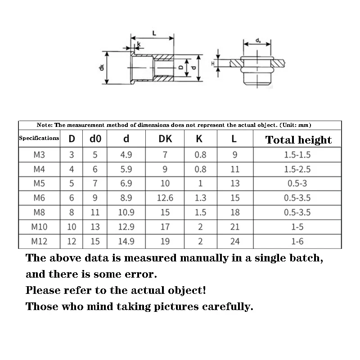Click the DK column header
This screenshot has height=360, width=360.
[x=165, y=139]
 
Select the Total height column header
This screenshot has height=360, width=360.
[x=298, y=139]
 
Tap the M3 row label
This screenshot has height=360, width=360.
[x=39, y=155]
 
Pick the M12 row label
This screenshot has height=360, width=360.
[x=39, y=241]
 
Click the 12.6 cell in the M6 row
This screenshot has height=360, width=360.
[x=165, y=198]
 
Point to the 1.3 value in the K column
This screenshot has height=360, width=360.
[x=200, y=198]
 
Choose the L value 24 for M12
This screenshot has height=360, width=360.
[x=235, y=241]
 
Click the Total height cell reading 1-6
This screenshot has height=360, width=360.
[x=297, y=241]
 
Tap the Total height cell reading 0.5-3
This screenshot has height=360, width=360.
[x=297, y=184]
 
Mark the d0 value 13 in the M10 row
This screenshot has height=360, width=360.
[x=95, y=227]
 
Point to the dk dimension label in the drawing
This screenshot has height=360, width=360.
[x=102, y=68]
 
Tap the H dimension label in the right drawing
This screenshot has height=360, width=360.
[x=213, y=64]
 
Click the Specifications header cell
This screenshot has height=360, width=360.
[x=39, y=138]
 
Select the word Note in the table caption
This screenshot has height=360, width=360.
[x=44, y=125]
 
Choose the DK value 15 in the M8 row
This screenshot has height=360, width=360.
[x=165, y=212]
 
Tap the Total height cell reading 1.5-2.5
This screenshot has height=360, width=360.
[x=297, y=169]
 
